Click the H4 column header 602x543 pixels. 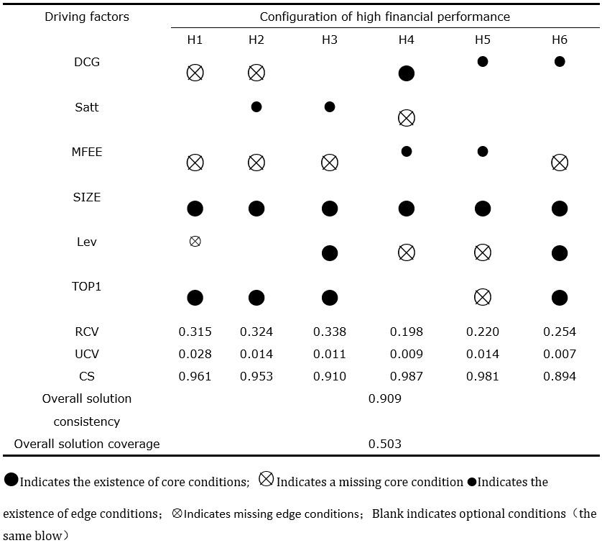pyautogui.click(x=406, y=40)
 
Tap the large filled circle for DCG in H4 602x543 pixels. pyautogui.click(x=406, y=73)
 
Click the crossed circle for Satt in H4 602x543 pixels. pyautogui.click(x=406, y=118)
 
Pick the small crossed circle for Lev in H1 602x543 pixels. pyautogui.click(x=195, y=242)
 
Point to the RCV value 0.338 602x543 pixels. pyautogui.click(x=330, y=332)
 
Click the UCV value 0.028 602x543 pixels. pyautogui.click(x=195, y=354)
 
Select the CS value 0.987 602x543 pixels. pyautogui.click(x=406, y=376)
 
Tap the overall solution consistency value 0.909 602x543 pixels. pyautogui.click(x=384, y=398)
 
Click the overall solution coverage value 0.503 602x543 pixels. pyautogui.click(x=384, y=444)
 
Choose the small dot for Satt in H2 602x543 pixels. pyautogui.click(x=256, y=107)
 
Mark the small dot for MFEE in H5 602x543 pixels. pyautogui.click(x=483, y=151)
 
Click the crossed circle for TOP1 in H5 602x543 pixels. pyautogui.click(x=483, y=297)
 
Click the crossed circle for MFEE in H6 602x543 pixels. pyautogui.click(x=560, y=163)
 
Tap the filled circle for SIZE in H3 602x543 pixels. pyautogui.click(x=330, y=209)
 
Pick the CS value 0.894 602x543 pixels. pyautogui.click(x=560, y=376)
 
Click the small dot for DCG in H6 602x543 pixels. pyautogui.click(x=560, y=62)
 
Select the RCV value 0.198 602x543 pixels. pyautogui.click(x=406, y=332)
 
